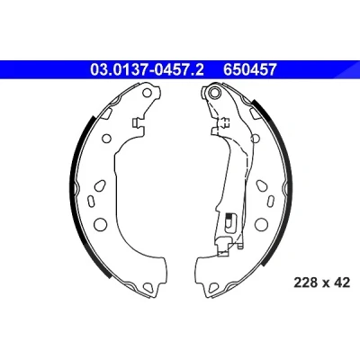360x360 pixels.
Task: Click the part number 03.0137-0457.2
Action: pyautogui.click(x=147, y=70)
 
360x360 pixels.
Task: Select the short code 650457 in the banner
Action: pyautogui.click(x=249, y=70)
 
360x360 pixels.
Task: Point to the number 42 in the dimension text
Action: pyautogui.click(x=342, y=283)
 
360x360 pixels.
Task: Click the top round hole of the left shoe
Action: pyautogui.click(x=147, y=93)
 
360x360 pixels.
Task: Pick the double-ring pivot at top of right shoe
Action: pyautogui.click(x=214, y=92)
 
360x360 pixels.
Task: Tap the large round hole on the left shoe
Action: pyautogui.click(x=100, y=224)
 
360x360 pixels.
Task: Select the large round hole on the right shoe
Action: pyautogui.click(x=261, y=224)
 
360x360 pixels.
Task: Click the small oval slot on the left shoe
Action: pyautogui.click(x=90, y=201)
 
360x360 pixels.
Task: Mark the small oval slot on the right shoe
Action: pyautogui.click(x=271, y=200)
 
